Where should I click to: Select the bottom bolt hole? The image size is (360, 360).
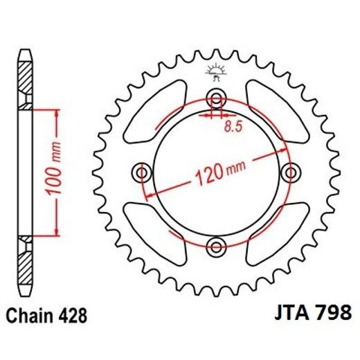click(x=217, y=245)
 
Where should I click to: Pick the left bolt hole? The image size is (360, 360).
click(x=143, y=171)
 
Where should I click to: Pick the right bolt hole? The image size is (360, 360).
click(x=291, y=171)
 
